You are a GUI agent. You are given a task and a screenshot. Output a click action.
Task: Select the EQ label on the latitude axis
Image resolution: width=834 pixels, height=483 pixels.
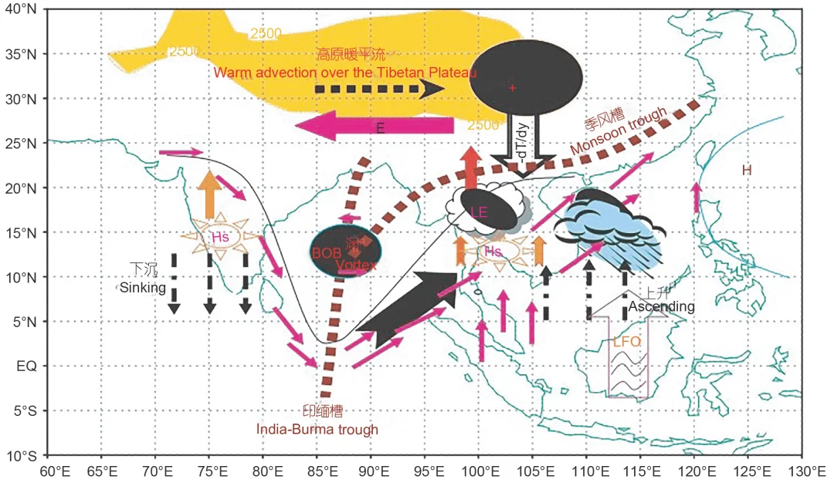tap(27, 366)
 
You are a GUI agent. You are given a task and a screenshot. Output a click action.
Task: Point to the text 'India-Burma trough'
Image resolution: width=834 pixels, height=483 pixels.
tap(317, 429)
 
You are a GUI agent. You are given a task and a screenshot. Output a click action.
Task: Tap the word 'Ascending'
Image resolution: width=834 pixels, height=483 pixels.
tap(661, 307)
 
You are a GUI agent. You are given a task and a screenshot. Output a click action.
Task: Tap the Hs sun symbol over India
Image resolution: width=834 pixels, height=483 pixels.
tap(212, 238)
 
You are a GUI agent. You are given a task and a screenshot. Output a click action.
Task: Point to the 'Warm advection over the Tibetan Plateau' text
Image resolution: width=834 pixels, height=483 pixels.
tap(345, 73)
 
